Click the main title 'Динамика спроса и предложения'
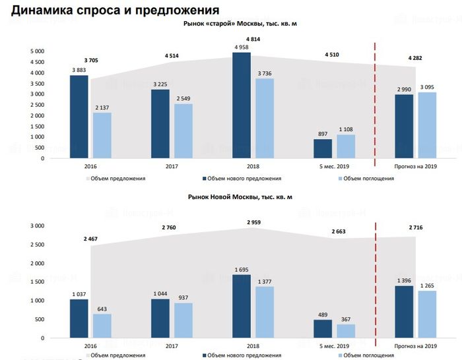click(115, 10)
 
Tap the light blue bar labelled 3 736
click(265, 119)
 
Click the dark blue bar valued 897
click(322, 148)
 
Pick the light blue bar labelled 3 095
click(427, 125)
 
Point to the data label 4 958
click(241, 47)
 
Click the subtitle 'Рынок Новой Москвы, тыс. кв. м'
click(240, 197)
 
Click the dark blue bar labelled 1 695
click(241, 306)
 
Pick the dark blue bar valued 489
click(322, 328)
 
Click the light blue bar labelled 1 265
click(427, 314)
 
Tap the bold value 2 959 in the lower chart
click(255, 222)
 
